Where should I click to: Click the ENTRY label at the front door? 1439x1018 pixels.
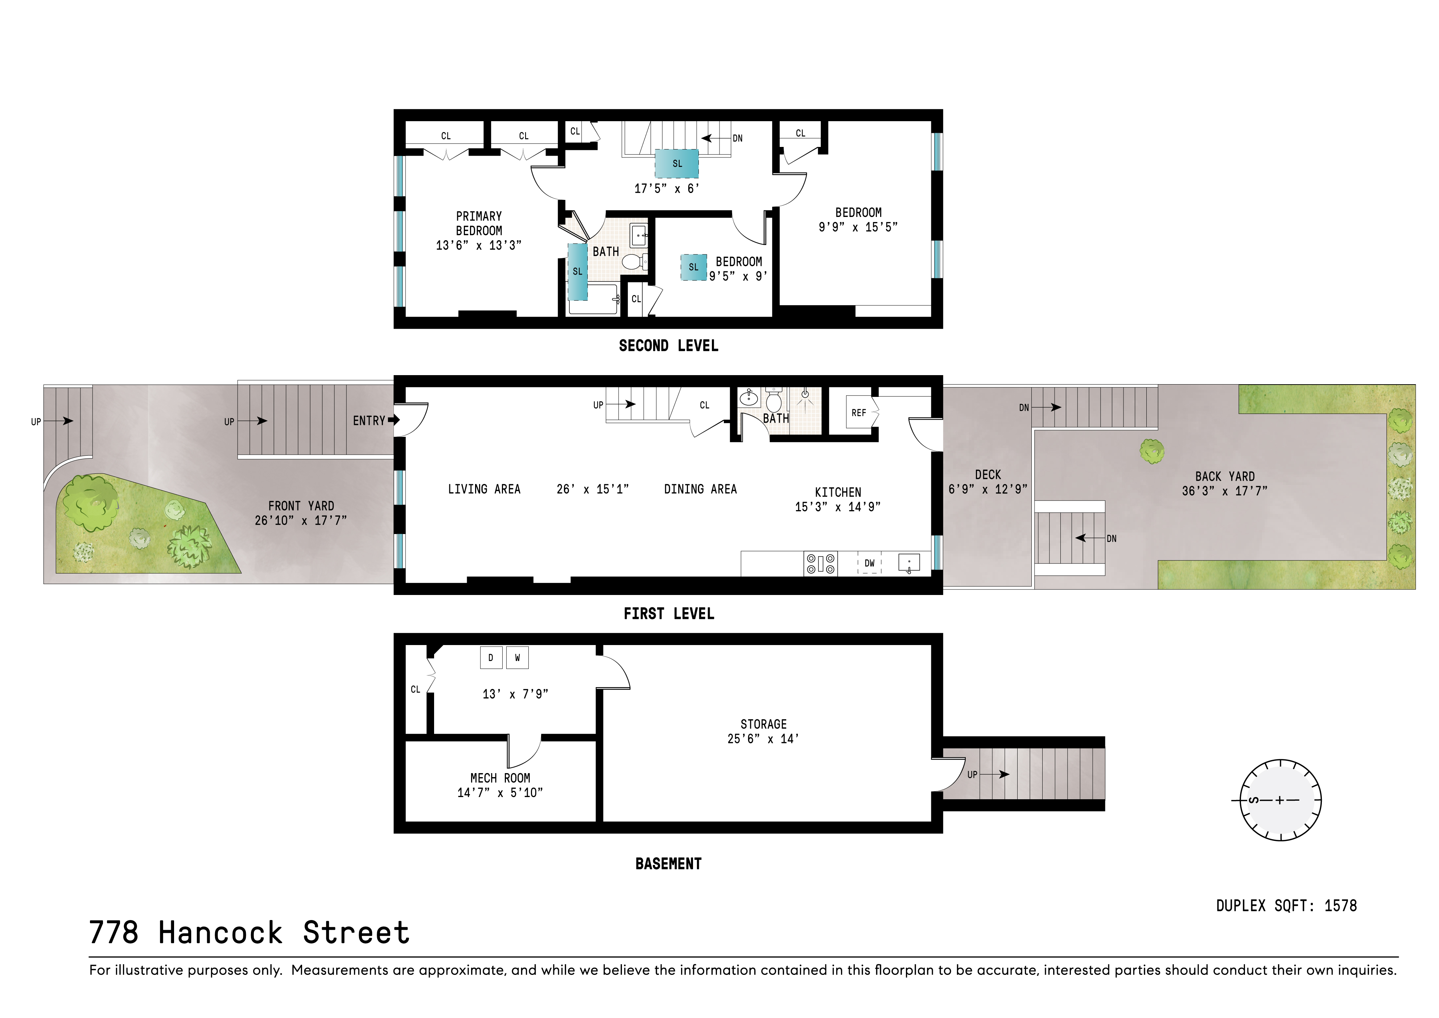[x=368, y=420]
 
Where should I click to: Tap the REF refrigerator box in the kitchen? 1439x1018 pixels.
[x=859, y=412]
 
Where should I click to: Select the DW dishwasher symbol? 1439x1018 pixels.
[x=869, y=563]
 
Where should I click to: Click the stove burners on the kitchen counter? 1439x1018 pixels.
[x=820, y=563]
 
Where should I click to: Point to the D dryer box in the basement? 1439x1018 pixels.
[x=491, y=657]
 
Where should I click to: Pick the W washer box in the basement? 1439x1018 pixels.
[x=517, y=657]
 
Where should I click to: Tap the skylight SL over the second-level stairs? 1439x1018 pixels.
[x=677, y=164]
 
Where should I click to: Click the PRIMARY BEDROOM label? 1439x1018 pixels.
[x=479, y=223]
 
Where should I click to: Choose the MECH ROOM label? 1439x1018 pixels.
[x=500, y=778]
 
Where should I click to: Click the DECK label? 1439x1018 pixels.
[x=988, y=475]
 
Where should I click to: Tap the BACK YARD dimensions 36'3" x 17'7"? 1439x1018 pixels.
[x=1224, y=492]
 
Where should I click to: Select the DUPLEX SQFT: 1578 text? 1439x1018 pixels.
[x=1286, y=906]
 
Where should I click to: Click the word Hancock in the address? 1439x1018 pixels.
[x=220, y=933]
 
